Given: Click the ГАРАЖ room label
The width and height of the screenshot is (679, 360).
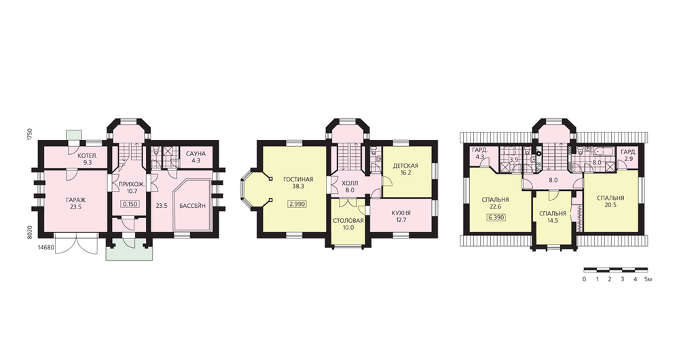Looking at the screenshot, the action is tap(76, 200).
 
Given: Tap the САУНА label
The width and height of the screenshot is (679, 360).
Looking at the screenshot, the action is tap(196, 154).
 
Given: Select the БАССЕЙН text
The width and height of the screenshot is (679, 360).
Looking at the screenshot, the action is tap(192, 206).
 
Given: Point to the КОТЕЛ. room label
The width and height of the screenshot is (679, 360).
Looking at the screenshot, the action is tap(87, 156).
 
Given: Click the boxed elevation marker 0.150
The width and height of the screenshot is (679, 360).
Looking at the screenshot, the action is tap(130, 204).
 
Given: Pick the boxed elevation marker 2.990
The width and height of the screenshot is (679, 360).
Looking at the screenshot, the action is tap(297, 204).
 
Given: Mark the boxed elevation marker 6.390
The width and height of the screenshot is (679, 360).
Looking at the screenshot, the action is tap(496, 217).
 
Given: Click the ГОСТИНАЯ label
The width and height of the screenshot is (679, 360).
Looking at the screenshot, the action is tap(298, 179).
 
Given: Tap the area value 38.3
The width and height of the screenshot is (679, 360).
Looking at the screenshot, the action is tap(298, 186).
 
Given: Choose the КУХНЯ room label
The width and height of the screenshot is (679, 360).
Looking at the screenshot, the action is tap(401, 213).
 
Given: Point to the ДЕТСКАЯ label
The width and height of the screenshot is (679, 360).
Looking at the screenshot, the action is tap(405, 166).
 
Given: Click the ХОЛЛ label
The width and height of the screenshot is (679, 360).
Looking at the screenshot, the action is tap(350, 183).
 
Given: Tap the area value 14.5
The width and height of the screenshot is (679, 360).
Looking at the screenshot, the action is tap(553, 221).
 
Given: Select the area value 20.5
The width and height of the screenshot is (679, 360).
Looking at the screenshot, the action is tap(610, 205).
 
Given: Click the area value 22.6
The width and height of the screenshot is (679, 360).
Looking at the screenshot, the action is tap(495, 206).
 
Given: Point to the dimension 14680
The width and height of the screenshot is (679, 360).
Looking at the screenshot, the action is tap(46, 247).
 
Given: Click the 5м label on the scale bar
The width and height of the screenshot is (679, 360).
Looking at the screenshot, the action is tap(648, 279).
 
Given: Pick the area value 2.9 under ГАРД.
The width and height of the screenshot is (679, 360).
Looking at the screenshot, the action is tap(628, 159).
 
